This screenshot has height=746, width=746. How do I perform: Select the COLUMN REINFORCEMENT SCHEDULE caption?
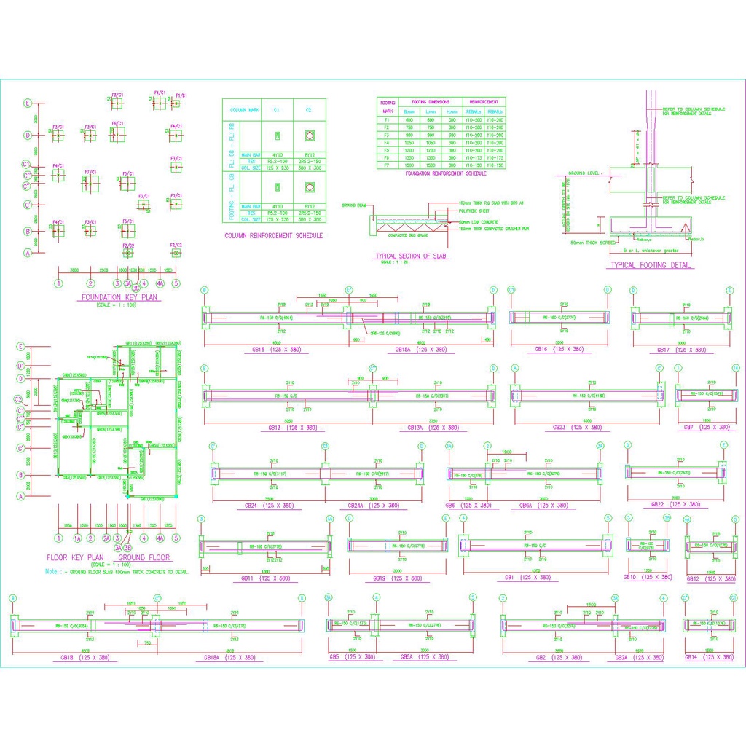tap(273, 235)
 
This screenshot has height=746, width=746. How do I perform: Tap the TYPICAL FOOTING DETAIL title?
tap(651, 265)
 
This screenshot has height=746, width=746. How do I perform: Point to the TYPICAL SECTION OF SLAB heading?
tap(410, 256)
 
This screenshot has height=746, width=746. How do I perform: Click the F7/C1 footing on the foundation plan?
tap(90, 173)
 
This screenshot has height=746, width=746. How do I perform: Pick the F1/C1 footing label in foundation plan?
tap(182, 95)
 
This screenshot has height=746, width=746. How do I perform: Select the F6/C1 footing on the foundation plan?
tap(117, 124)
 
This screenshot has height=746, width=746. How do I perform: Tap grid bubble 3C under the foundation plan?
tap(136, 288)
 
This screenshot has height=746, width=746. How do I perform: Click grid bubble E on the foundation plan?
tap(28, 103)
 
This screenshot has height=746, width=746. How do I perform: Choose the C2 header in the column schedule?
tap(310, 110)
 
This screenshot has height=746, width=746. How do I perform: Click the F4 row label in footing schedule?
tap(387, 142)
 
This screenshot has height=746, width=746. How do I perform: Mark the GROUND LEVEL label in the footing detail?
tap(583, 173)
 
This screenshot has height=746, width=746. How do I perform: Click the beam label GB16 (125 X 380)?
tap(559, 350)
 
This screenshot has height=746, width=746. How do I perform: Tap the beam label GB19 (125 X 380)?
tap(397, 578)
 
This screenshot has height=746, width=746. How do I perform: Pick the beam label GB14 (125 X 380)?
tap(709, 657)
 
